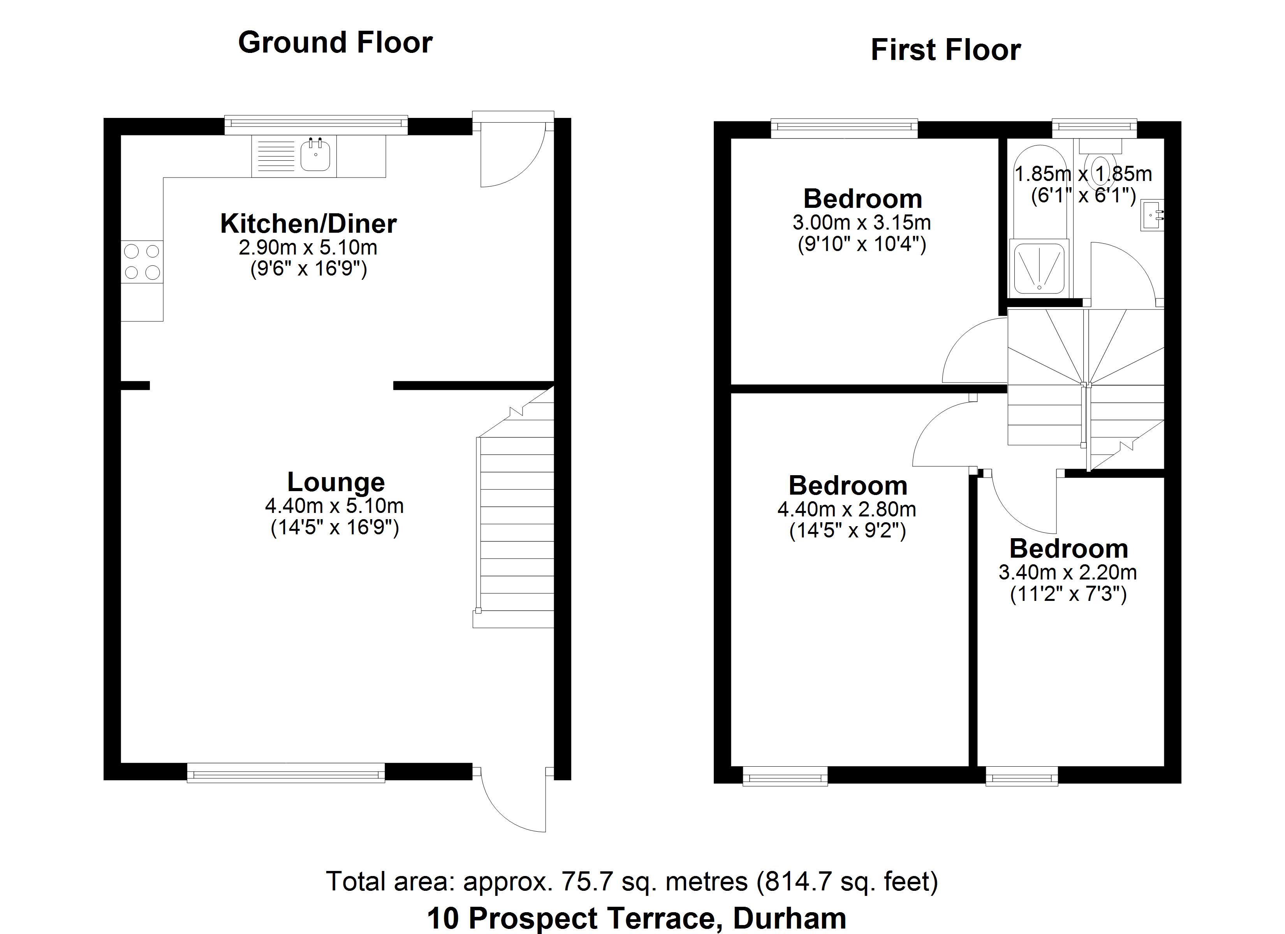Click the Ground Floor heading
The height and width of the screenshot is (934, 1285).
click(335, 42)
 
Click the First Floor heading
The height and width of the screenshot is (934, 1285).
click(945, 50)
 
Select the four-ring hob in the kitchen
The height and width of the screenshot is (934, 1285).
click(142, 261)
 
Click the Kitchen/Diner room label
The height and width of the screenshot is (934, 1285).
click(308, 224)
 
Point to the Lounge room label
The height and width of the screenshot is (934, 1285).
click(336, 482)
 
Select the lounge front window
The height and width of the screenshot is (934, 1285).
click(286, 772)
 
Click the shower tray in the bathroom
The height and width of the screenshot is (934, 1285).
click(1039, 268)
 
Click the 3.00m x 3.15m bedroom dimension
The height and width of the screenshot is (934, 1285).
click(861, 223)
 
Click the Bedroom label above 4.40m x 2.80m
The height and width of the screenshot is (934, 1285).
click(848, 486)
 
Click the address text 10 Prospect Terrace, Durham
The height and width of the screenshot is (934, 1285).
click(636, 918)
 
